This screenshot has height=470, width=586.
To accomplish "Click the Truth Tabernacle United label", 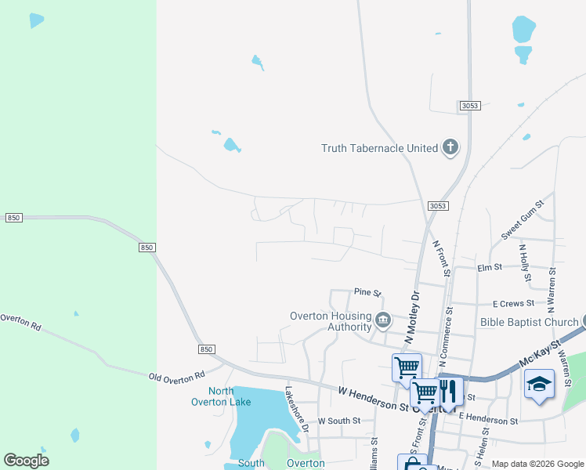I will pyautogui.click(x=379, y=148).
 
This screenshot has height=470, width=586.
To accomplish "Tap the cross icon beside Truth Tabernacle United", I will pyautogui.click(x=450, y=147).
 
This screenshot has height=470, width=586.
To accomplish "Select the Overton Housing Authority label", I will pyautogui.click(x=330, y=321).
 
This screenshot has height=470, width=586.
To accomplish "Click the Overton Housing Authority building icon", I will pyautogui.click(x=383, y=320).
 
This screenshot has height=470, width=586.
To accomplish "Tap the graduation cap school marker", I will pyautogui.click(x=538, y=384).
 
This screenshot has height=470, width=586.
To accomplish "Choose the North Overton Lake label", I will pyautogui.click(x=221, y=396).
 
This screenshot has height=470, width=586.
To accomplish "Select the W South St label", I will pyautogui.click(x=338, y=421).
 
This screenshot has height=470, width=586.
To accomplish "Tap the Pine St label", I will pyautogui.click(x=367, y=293).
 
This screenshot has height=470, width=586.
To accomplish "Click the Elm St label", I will pyautogui.click(x=490, y=268).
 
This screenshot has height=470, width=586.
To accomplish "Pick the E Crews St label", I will pyautogui.click(x=513, y=303).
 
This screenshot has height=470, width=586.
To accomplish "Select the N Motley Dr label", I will pyautogui.click(x=413, y=316).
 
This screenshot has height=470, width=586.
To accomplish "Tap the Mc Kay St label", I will pyautogui.click(x=541, y=355).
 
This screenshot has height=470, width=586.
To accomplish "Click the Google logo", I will pyautogui.click(x=26, y=461).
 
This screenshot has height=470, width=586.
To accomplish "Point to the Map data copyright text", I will pyautogui.click(x=537, y=464).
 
